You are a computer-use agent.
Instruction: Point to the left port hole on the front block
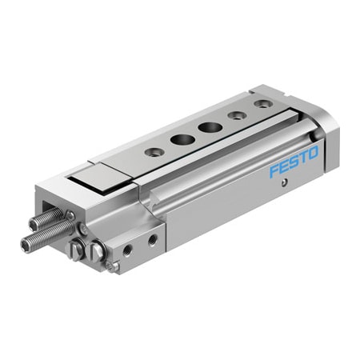click(x=128, y=250)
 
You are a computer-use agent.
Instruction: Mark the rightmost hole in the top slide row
click(x=261, y=104)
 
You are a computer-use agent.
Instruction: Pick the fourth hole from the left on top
click(x=237, y=114)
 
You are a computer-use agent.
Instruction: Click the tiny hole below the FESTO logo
click(x=286, y=183)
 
